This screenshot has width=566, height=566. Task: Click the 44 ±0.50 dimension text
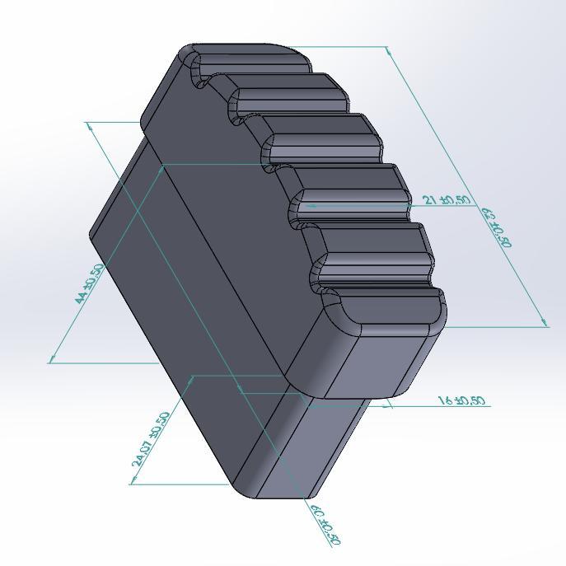coord(89,284)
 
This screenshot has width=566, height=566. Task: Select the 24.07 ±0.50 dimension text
coord(151,440)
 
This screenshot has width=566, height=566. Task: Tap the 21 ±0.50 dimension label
coord(447,200)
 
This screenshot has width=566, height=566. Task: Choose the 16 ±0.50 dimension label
coord(461,401)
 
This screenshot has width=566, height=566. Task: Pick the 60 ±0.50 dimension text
coord(325,524)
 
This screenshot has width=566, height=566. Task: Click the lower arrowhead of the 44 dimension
coord(52,358)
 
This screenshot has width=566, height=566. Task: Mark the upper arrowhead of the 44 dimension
coord(89,124)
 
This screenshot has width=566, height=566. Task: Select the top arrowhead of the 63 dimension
coord(389,50)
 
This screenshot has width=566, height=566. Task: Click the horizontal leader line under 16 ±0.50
coord(437,406)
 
